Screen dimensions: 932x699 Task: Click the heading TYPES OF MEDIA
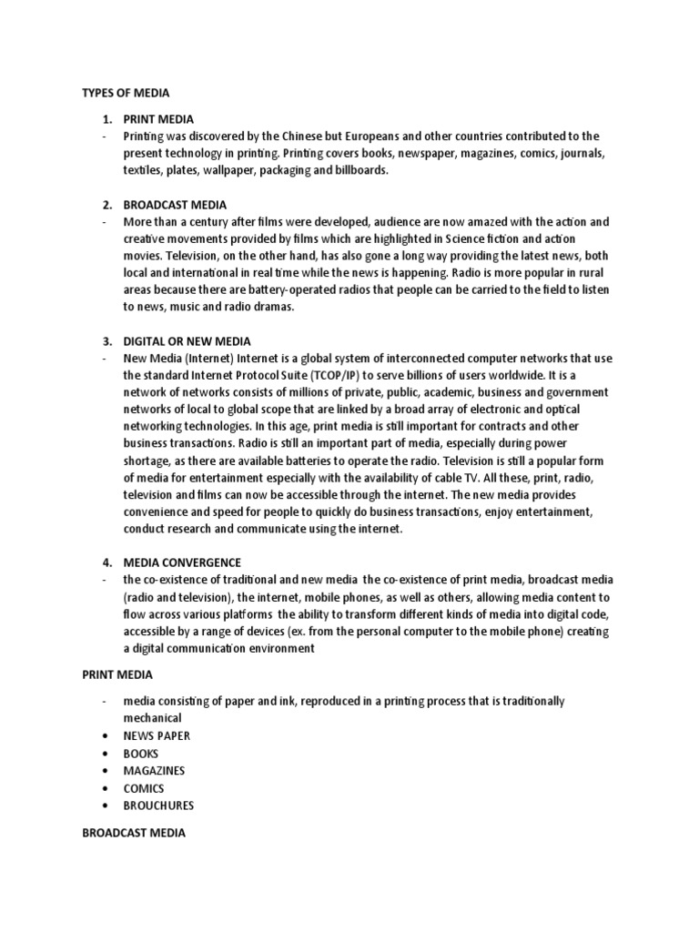(126, 92)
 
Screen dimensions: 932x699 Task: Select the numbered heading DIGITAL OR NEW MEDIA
(178, 341)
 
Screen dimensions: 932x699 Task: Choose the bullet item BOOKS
(141, 753)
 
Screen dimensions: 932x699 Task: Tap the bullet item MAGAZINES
(154, 770)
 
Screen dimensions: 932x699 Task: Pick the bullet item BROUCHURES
(158, 805)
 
